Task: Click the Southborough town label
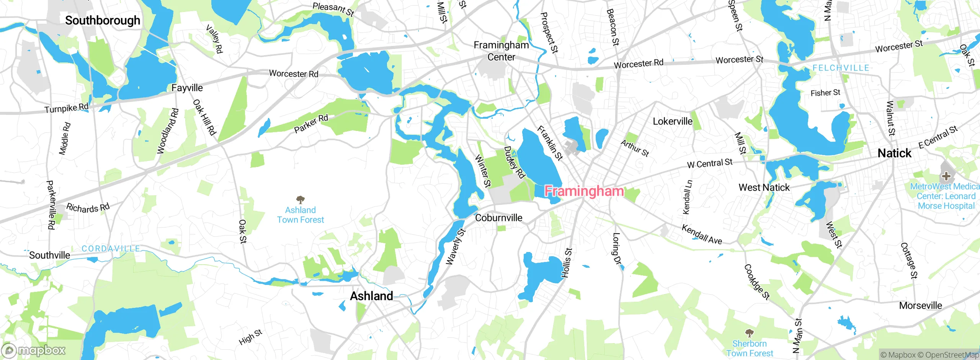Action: (x=103, y=20)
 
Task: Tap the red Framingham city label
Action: (x=584, y=191)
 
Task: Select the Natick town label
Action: (x=894, y=153)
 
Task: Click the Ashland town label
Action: (x=371, y=296)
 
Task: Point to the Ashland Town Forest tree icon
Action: (x=301, y=200)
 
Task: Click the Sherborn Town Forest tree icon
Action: (x=750, y=333)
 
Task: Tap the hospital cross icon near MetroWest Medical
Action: (x=946, y=176)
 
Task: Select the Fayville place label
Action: (x=187, y=88)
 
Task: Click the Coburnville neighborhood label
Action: (x=498, y=218)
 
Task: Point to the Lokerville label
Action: (x=672, y=121)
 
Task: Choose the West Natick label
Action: (x=764, y=188)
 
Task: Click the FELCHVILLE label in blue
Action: (x=841, y=68)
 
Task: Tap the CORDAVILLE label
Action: (x=111, y=249)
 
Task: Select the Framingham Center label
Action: (x=501, y=51)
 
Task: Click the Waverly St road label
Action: (x=456, y=247)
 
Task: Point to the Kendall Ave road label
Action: (x=702, y=234)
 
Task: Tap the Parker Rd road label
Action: (x=311, y=123)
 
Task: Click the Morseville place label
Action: (x=920, y=306)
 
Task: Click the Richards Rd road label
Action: (x=88, y=208)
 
